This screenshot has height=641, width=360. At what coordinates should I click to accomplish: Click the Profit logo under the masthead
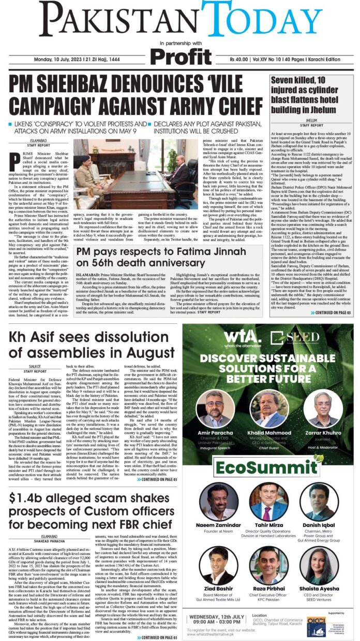click(x=179, y=56)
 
